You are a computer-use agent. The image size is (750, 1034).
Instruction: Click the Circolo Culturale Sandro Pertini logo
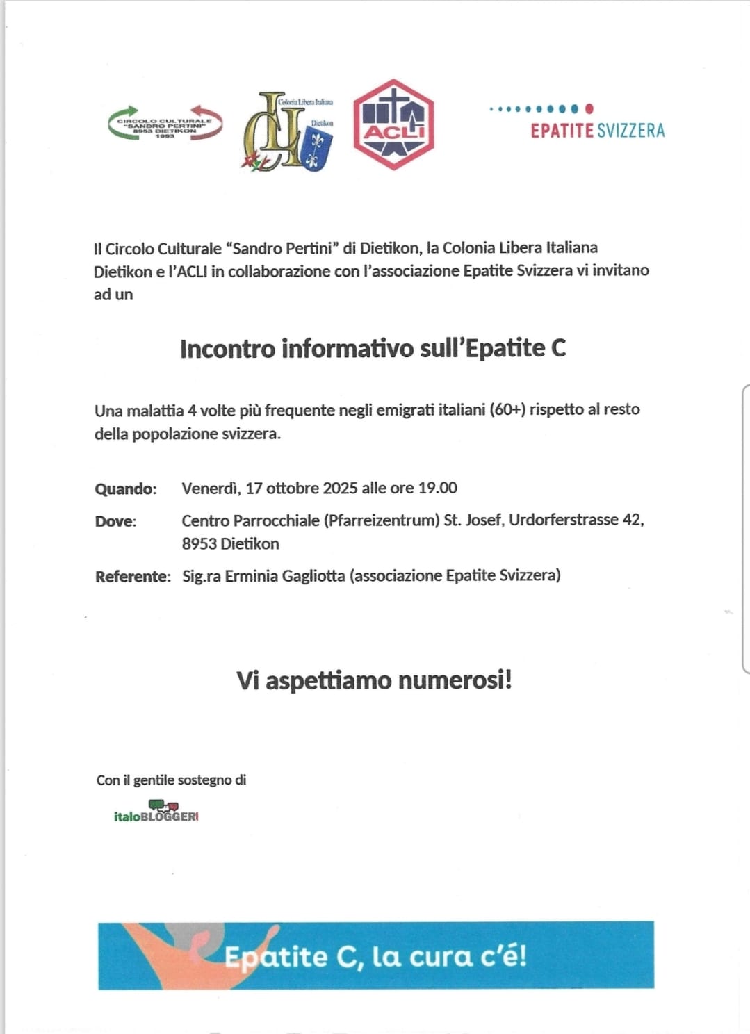[165, 124]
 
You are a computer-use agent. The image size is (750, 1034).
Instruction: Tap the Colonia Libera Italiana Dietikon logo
[288, 131]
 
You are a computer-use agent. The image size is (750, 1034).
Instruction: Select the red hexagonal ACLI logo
[393, 124]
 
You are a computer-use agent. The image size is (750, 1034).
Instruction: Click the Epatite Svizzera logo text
[597, 131]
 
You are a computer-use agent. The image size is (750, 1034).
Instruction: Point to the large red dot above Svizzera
[589, 108]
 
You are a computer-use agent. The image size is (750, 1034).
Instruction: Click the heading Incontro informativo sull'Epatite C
[373, 348]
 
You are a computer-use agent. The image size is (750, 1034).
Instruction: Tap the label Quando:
[126, 489]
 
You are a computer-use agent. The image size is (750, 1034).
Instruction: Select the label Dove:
[115, 521]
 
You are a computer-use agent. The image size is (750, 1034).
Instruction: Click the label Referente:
[133, 576]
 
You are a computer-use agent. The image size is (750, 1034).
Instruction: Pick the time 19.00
[437, 488]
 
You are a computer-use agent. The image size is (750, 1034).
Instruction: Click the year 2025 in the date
[340, 488]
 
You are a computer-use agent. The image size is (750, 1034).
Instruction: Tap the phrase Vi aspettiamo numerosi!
[374, 680]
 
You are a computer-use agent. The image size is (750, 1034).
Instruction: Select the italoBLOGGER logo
[156, 813]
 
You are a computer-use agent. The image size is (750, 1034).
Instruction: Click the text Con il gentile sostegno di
[171, 780]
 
